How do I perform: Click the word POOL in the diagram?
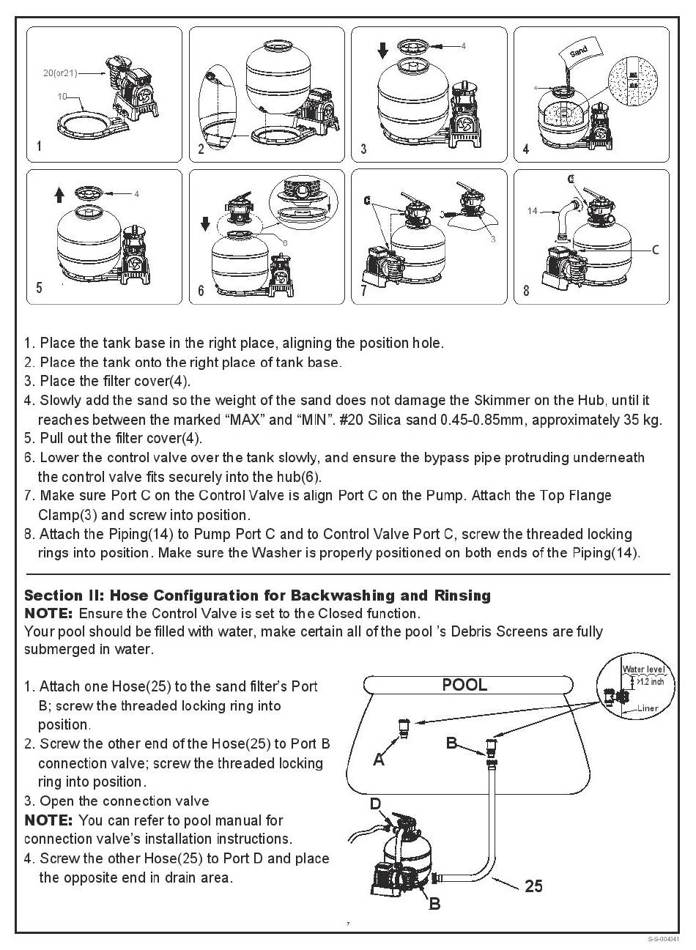[464, 686]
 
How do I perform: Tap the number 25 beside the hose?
[534, 886]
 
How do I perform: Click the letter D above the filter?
[375, 804]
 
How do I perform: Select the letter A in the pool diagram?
[379, 760]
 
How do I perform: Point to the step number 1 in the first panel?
[39, 146]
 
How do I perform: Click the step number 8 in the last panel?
[526, 291]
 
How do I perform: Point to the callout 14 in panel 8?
[533, 211]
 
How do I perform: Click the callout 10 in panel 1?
[62, 95]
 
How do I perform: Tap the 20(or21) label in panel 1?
[60, 73]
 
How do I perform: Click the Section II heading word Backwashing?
[351, 595]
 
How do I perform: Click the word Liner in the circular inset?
[648, 708]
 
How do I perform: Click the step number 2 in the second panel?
[201, 149]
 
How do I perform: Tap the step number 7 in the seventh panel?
[364, 291]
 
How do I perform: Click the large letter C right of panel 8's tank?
[655, 250]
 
